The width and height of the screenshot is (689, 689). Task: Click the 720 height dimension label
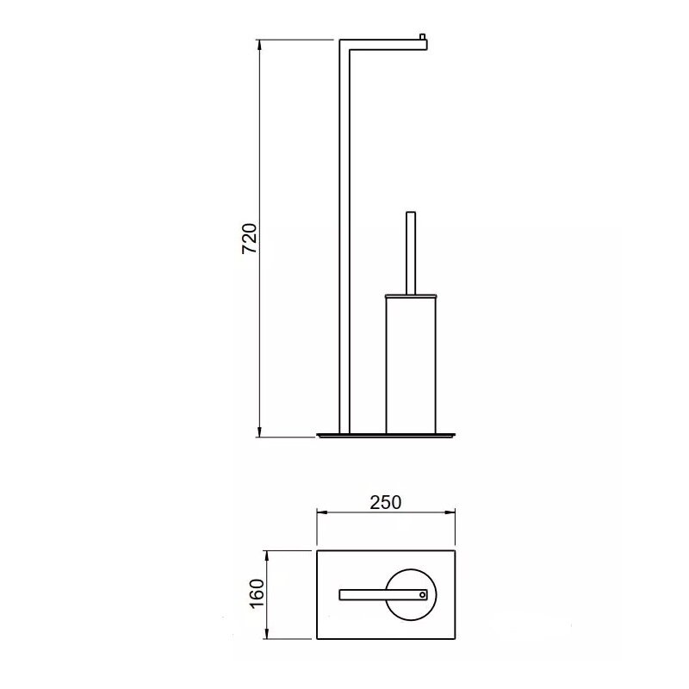point(250,239)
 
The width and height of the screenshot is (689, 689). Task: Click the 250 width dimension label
point(385,503)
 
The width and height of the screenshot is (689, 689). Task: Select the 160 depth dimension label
point(257,593)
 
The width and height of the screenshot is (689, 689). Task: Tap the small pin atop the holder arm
point(423,36)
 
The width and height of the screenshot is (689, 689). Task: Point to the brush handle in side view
point(411,253)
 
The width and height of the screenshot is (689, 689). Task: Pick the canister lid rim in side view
point(411,296)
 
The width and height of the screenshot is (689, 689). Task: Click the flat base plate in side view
point(386,436)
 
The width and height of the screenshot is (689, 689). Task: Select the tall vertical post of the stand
point(344,238)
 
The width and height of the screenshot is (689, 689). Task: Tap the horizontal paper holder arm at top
point(383,45)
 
